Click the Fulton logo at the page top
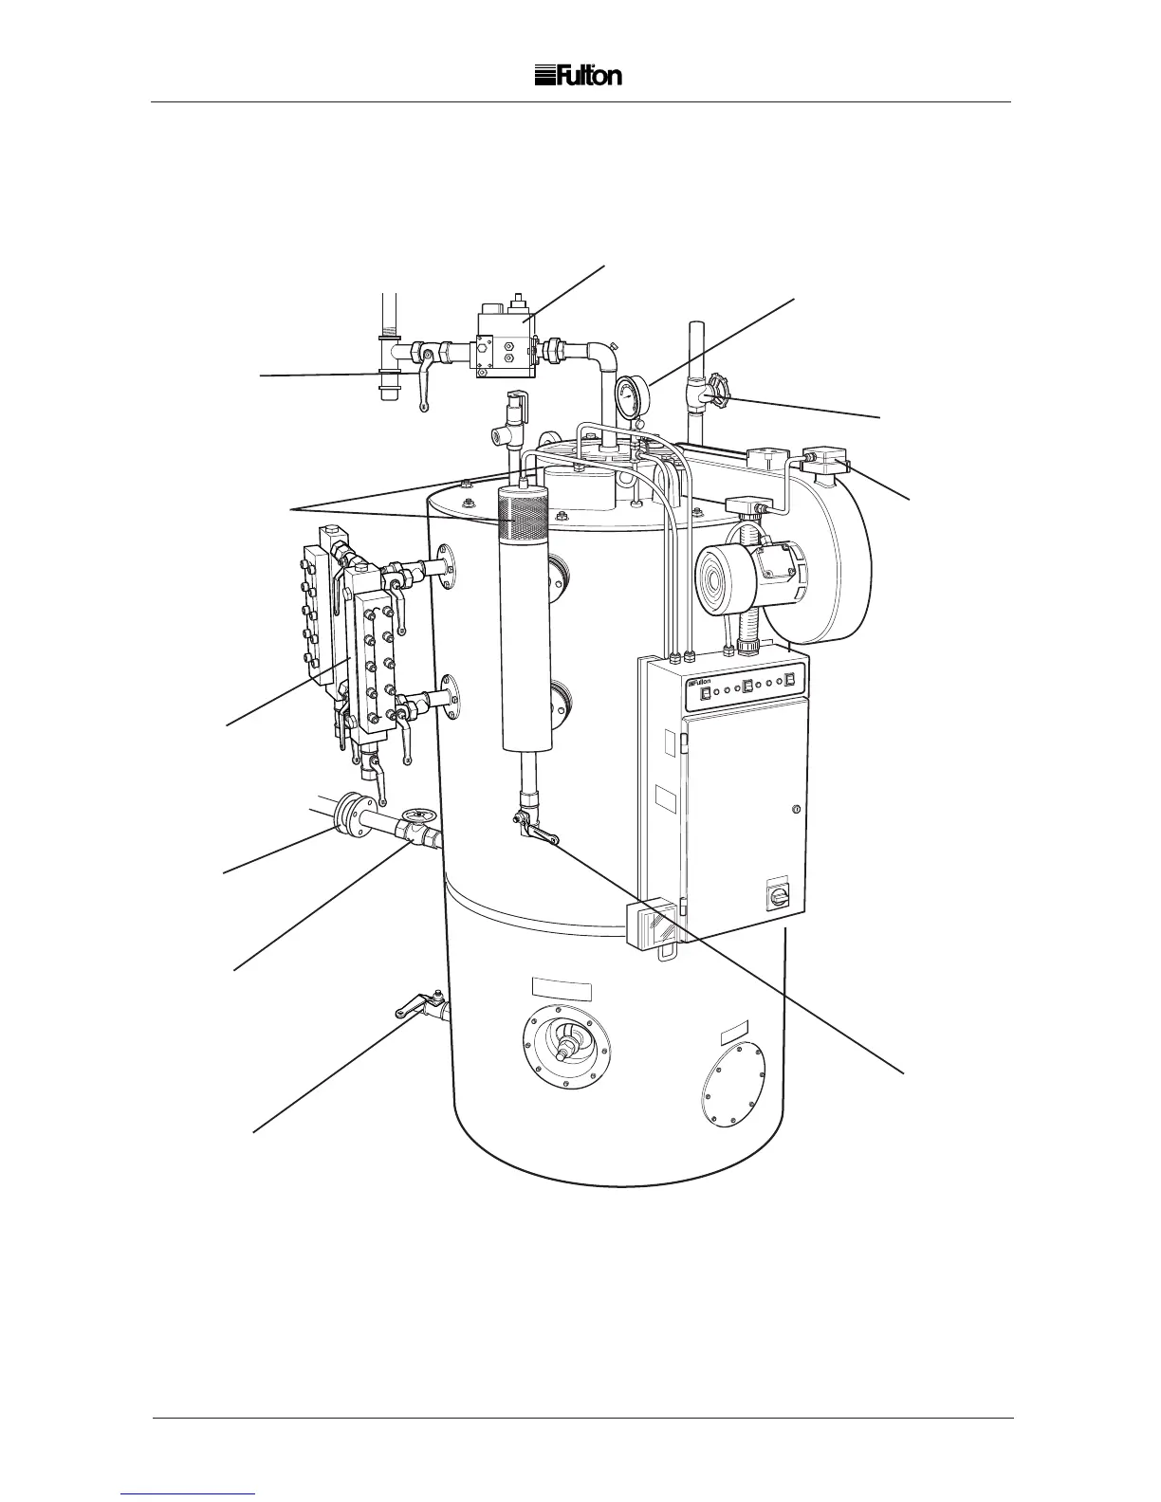coord(579,76)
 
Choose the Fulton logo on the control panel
coord(699,682)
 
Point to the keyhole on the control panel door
coord(796,809)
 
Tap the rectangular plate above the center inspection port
coord(562,989)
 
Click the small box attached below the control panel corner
coord(654,927)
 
